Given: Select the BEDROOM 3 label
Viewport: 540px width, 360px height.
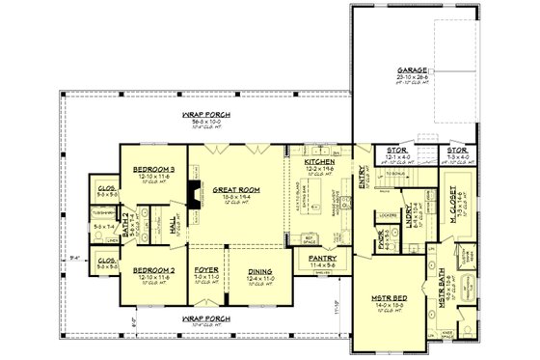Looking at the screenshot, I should [146, 166].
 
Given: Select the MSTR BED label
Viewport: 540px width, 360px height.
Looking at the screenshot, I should [390, 299].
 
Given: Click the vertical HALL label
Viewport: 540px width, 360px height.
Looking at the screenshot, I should [175, 225].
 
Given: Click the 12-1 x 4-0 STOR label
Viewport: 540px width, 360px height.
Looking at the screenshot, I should [397, 151].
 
